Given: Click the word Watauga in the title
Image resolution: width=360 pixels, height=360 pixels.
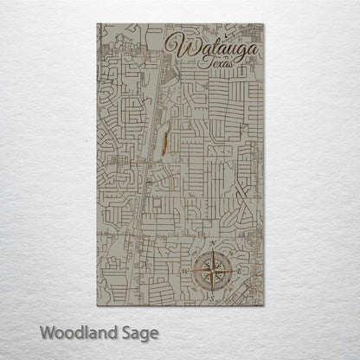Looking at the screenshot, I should tap(215, 48).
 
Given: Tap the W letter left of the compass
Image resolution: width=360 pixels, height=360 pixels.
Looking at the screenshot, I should tap(184, 271).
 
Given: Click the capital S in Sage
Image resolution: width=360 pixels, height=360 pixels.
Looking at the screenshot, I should tap(122, 331).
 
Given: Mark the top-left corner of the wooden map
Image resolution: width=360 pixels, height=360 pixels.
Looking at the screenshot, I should tap(97, 24).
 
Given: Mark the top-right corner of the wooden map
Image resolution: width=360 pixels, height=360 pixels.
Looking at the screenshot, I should tap(264, 24).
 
